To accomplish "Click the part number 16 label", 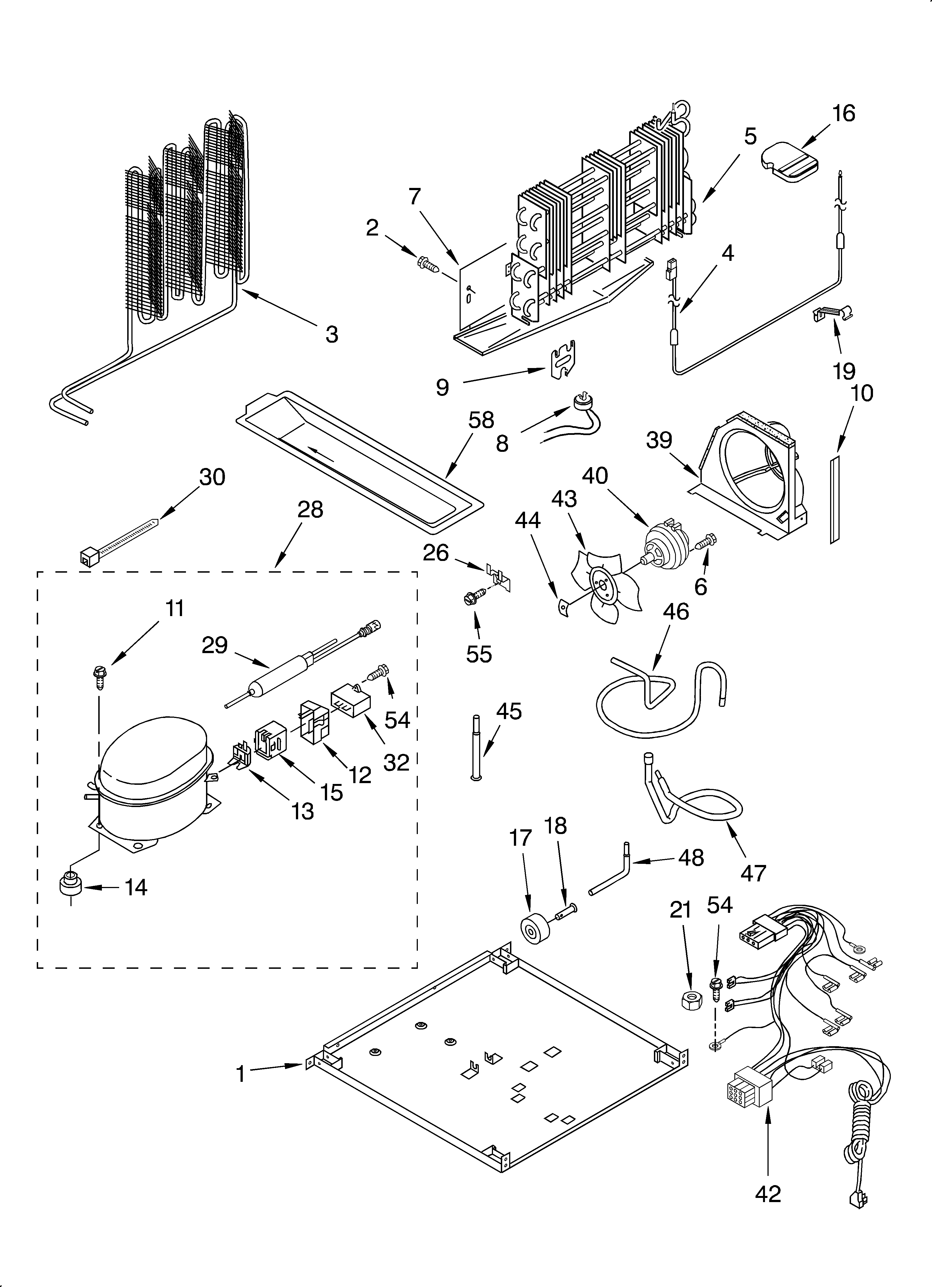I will pos(843,114).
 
